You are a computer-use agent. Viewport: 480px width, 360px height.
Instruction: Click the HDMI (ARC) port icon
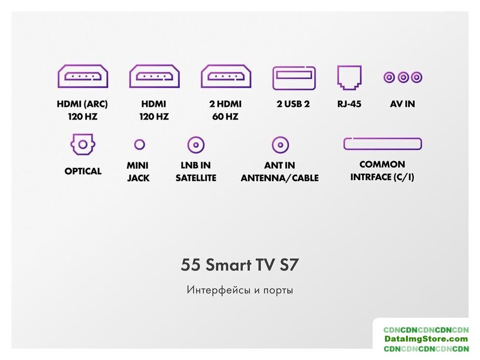(83, 77)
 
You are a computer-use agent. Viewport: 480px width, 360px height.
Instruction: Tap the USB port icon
(294, 78)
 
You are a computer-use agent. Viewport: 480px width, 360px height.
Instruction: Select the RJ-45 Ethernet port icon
(349, 78)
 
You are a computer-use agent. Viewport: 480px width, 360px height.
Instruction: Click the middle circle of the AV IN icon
(403, 77)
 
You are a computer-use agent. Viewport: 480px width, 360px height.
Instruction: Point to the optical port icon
(83, 144)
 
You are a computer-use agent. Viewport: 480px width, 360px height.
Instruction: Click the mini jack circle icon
(139, 144)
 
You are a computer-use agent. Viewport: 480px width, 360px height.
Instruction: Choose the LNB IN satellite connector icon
(196, 145)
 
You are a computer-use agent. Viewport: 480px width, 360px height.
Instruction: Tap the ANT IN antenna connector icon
(280, 145)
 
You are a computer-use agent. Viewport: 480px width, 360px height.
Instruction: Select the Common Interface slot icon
(383, 143)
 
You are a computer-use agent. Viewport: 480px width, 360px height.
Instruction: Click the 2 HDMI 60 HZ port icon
(226, 77)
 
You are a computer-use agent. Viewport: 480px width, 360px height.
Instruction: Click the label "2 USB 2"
(293, 104)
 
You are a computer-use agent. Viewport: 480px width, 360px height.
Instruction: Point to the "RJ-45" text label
(349, 104)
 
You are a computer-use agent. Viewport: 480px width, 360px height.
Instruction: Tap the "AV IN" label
(402, 104)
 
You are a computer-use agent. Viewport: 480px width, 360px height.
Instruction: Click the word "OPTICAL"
(83, 171)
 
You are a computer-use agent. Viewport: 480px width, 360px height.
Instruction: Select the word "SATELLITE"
(196, 178)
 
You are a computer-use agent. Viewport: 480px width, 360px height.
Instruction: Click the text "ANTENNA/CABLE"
(280, 178)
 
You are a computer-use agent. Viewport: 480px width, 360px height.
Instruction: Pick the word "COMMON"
(382, 165)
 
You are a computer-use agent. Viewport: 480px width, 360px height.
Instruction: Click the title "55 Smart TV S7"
(239, 265)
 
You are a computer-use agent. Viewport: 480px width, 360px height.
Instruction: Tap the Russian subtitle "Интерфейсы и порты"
(239, 290)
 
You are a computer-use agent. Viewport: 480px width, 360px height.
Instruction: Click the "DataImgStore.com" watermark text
(426, 339)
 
